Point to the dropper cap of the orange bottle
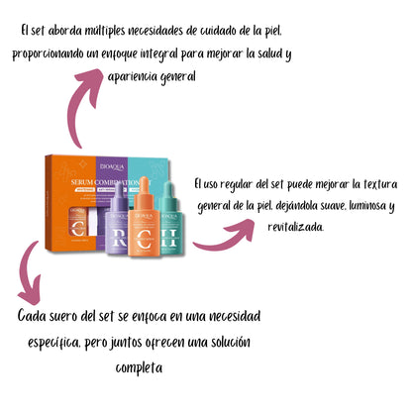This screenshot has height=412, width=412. point(145,184)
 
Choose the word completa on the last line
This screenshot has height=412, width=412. point(139,367)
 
